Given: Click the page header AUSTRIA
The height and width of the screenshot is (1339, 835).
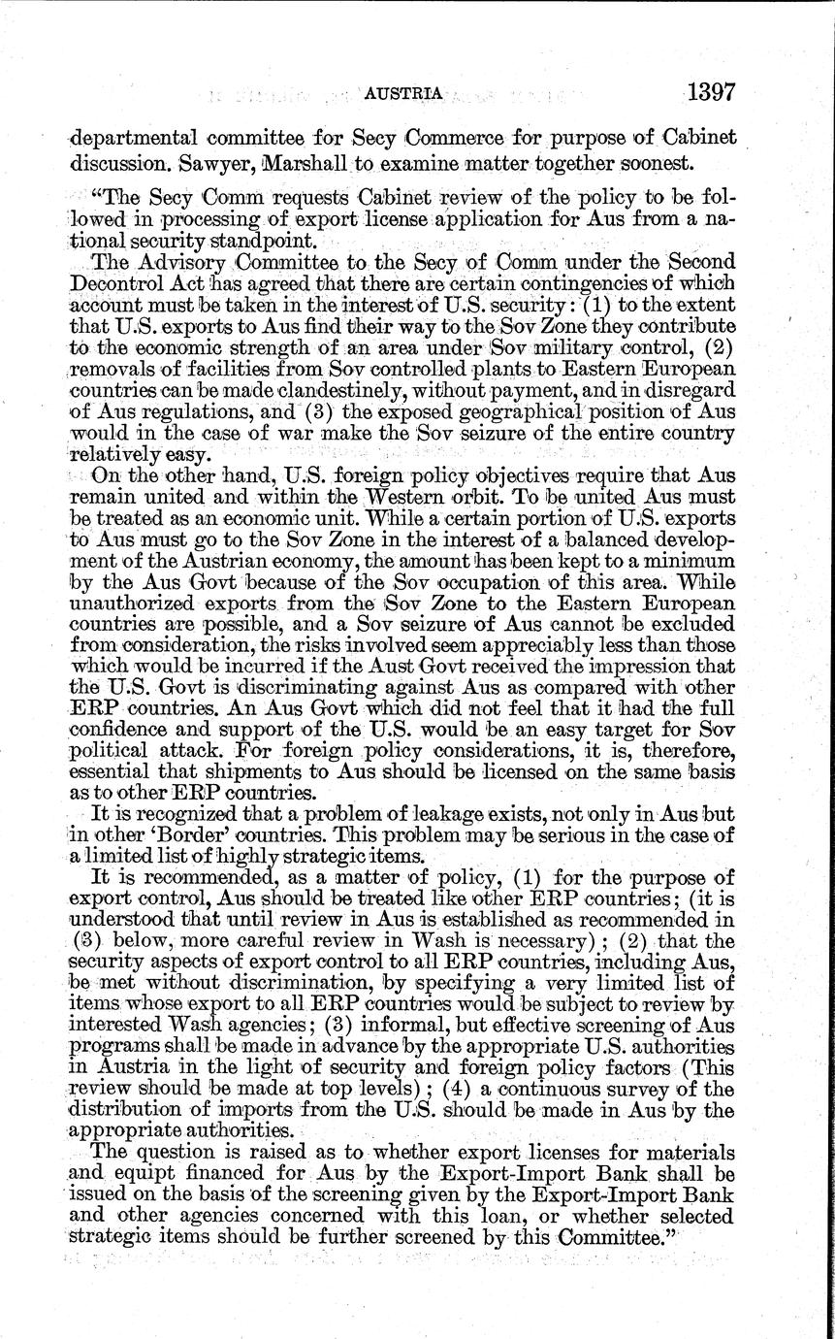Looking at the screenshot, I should (403, 93).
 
